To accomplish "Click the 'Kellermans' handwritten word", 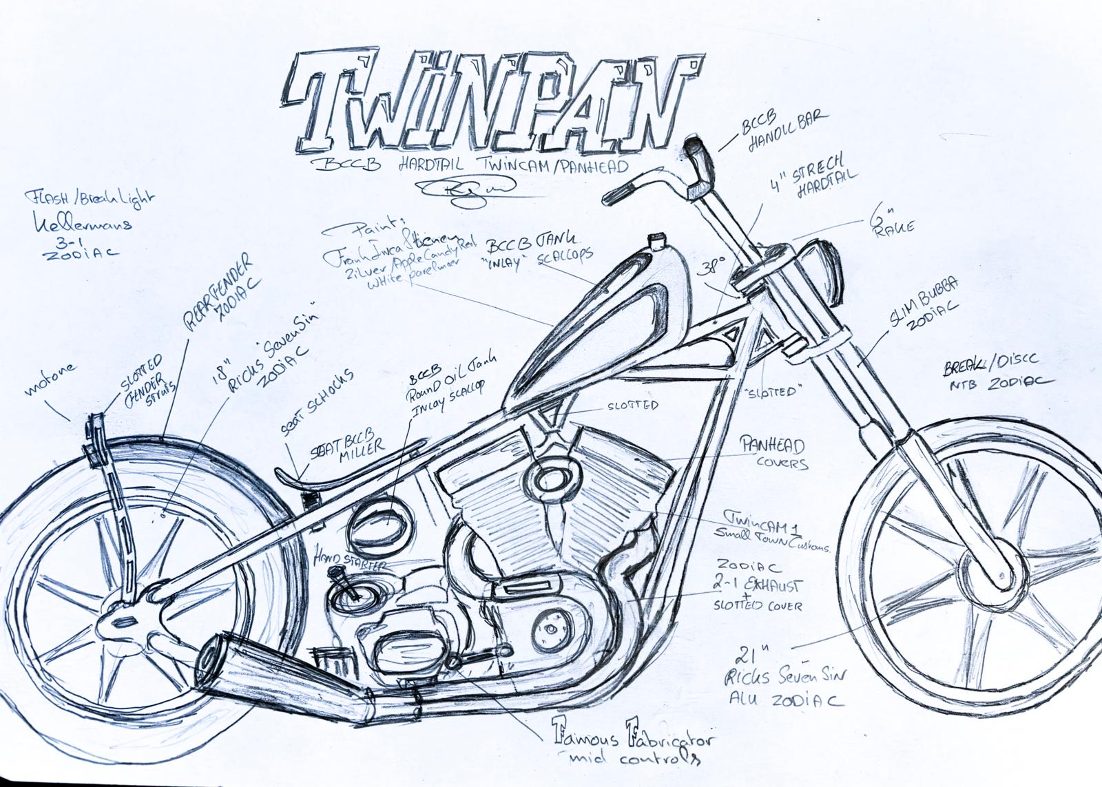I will (x=80, y=222).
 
